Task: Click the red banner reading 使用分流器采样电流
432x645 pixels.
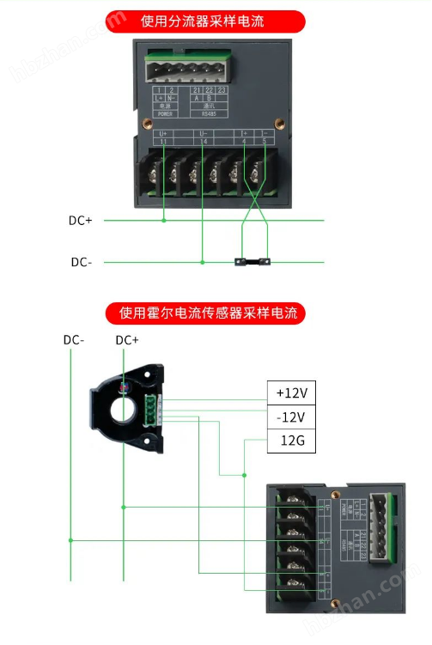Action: point(204,21)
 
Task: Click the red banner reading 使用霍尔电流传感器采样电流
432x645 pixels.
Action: point(205,313)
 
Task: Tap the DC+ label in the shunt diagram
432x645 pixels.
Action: point(80,221)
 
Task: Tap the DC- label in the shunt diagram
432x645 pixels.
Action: point(81,262)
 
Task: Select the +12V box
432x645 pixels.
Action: point(291,392)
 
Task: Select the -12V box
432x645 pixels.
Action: point(291,417)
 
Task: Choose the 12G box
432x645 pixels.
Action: point(291,442)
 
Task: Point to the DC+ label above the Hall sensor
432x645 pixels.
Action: point(127,340)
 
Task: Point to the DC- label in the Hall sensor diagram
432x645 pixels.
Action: point(74,340)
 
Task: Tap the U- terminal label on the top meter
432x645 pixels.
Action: point(204,134)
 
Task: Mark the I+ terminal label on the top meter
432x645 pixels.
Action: point(245,134)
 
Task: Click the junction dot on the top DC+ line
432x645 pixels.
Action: point(164,221)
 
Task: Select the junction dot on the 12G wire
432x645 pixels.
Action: point(246,474)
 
